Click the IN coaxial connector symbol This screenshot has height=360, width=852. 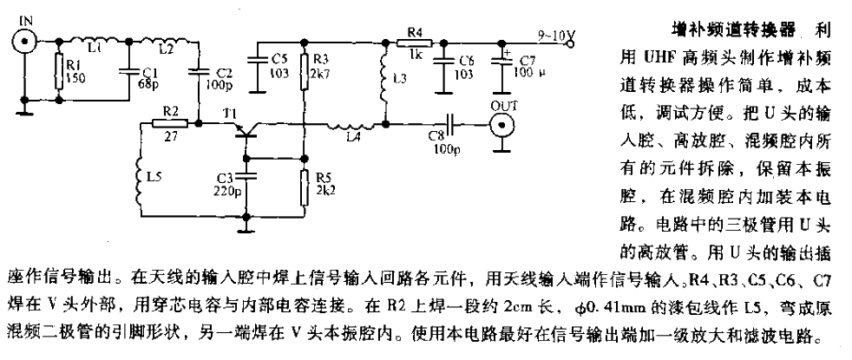click(x=23, y=40)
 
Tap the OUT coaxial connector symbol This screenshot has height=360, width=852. click(x=502, y=126)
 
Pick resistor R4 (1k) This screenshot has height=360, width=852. click(x=414, y=41)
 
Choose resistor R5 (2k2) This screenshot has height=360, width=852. click(x=304, y=186)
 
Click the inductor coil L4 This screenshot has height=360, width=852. click(x=349, y=128)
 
